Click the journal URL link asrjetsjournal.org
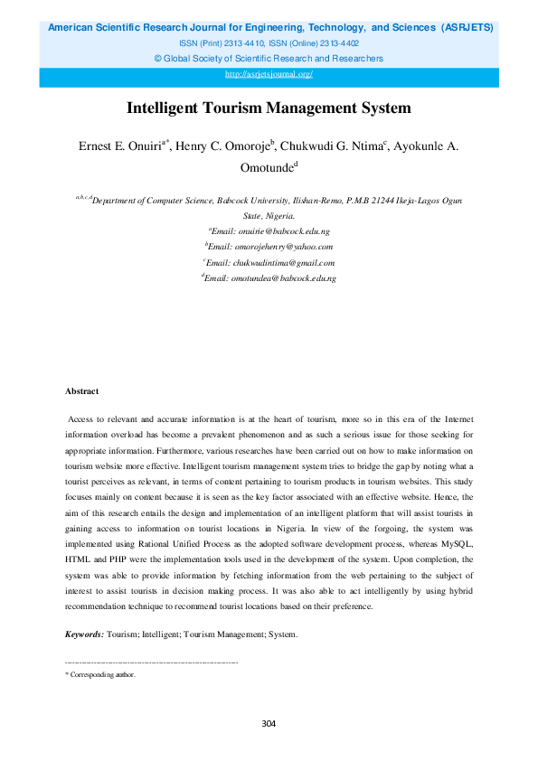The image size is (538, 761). [269, 74]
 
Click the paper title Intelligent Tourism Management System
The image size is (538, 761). [269, 108]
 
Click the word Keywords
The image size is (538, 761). [84, 634]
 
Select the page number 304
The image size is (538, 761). [269, 723]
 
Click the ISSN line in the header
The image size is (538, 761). [269, 42]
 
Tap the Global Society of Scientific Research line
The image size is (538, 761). [269, 58]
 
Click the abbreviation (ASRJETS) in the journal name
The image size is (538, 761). [467, 27]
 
